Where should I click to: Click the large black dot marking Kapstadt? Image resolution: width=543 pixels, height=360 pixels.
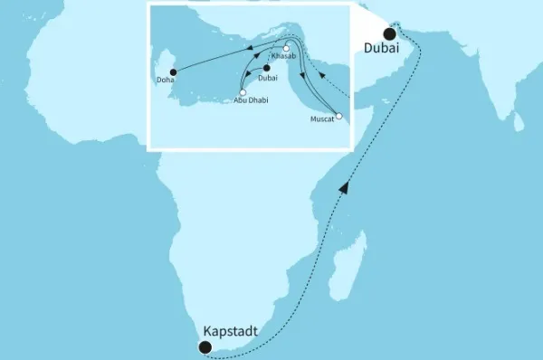(x=205, y=346)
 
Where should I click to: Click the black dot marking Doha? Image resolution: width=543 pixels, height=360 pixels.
(x=173, y=71)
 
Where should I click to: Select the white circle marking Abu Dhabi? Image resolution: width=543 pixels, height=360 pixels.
(x=242, y=90)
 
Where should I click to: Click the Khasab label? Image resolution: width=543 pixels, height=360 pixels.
(x=282, y=57)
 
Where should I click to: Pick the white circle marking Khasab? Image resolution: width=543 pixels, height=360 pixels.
(x=286, y=49)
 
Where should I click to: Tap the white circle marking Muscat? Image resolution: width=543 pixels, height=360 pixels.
(x=338, y=116)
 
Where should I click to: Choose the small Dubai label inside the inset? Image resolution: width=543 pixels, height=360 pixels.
(x=269, y=78)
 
